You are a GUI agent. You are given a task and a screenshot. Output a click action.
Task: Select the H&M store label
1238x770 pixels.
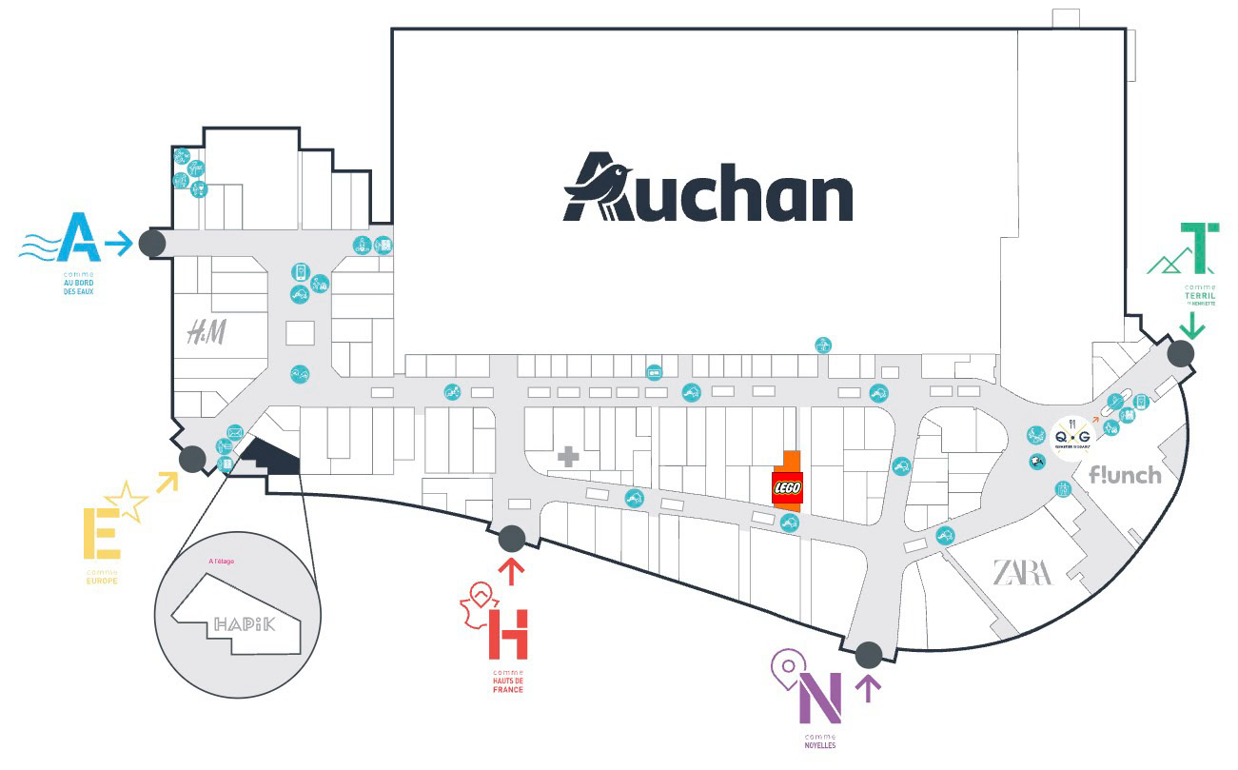(x=206, y=332)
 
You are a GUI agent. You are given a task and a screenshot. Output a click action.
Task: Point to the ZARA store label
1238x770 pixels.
(x=1023, y=573)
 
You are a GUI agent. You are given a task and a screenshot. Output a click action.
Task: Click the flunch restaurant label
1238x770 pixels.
(x=1125, y=474)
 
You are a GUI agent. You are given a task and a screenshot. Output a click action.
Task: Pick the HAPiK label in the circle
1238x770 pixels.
(x=244, y=625)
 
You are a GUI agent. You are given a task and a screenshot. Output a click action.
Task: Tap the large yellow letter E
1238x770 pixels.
(x=101, y=534)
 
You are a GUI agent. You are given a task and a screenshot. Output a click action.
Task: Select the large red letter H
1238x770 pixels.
(x=507, y=635)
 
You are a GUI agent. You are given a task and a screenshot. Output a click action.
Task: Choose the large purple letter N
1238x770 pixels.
(x=819, y=700)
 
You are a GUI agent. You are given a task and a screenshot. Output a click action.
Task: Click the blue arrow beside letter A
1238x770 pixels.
(x=118, y=244)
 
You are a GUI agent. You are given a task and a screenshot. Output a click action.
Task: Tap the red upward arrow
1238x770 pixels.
(x=511, y=573)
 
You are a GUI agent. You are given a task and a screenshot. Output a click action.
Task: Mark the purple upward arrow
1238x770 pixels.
(x=867, y=687)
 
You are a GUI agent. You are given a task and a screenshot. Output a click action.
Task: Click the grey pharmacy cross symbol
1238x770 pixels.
(x=568, y=457)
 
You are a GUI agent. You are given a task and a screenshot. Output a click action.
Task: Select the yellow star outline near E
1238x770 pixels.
(x=130, y=501)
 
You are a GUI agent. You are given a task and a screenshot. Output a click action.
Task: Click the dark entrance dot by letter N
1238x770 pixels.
(x=868, y=655)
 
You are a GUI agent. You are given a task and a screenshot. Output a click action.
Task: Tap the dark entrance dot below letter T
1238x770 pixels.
(x=1181, y=355)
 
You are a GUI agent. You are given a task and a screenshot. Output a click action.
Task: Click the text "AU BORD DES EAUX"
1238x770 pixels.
(x=75, y=286)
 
